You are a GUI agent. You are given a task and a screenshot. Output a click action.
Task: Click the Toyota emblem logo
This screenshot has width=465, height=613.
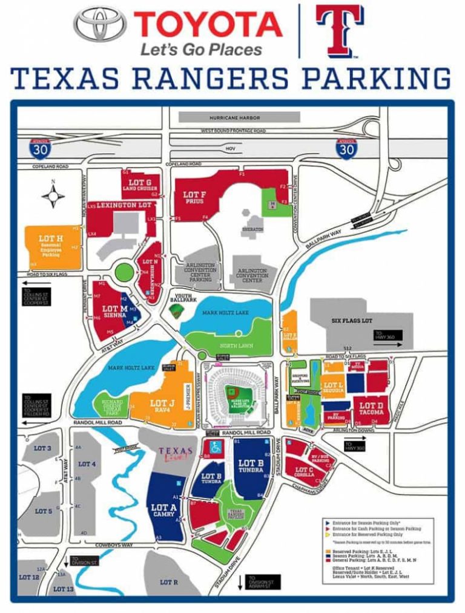click(101, 24)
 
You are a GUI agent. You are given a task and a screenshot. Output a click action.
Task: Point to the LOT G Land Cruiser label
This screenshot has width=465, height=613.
click(140, 183)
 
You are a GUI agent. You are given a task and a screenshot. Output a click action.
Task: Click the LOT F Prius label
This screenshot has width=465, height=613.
click(194, 197)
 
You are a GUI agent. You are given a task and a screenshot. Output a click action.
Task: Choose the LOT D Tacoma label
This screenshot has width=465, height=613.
click(371, 407)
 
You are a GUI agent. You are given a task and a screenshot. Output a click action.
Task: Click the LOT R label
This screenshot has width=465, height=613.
click(168, 582)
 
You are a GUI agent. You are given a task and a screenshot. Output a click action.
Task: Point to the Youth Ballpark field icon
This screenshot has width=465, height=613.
click(176, 311)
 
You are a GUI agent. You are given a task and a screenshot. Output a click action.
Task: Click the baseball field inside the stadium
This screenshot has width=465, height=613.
click(237, 396)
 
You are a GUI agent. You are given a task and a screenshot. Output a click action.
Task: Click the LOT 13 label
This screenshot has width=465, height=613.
click(63, 588)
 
